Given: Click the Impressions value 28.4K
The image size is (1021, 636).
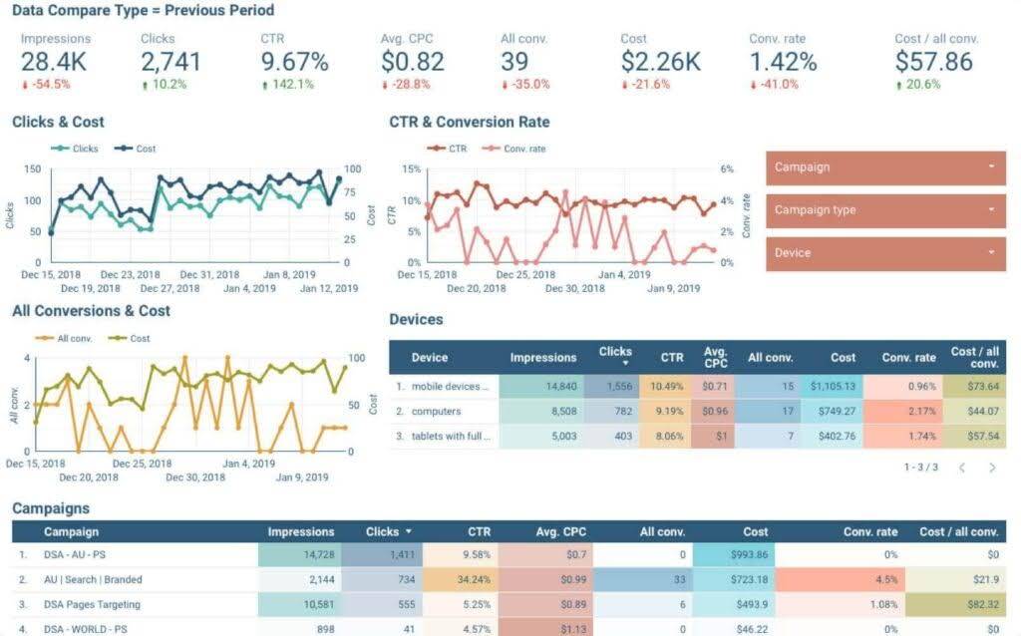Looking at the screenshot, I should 54,61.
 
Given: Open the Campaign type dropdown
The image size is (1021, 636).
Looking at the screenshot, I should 885,210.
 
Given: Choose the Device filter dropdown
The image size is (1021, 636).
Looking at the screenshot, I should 885,253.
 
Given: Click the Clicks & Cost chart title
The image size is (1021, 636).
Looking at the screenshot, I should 58,123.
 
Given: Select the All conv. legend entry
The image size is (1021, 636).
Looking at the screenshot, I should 74,338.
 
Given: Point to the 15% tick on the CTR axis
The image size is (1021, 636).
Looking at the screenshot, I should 411,168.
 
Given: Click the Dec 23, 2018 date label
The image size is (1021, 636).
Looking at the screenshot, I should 130,275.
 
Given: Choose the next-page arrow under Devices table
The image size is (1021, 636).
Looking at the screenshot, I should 992,467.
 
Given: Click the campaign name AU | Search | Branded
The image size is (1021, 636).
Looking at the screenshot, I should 93,579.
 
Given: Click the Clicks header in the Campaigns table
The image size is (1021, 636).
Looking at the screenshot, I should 383,532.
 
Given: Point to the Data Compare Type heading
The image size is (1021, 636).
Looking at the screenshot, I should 143,11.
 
